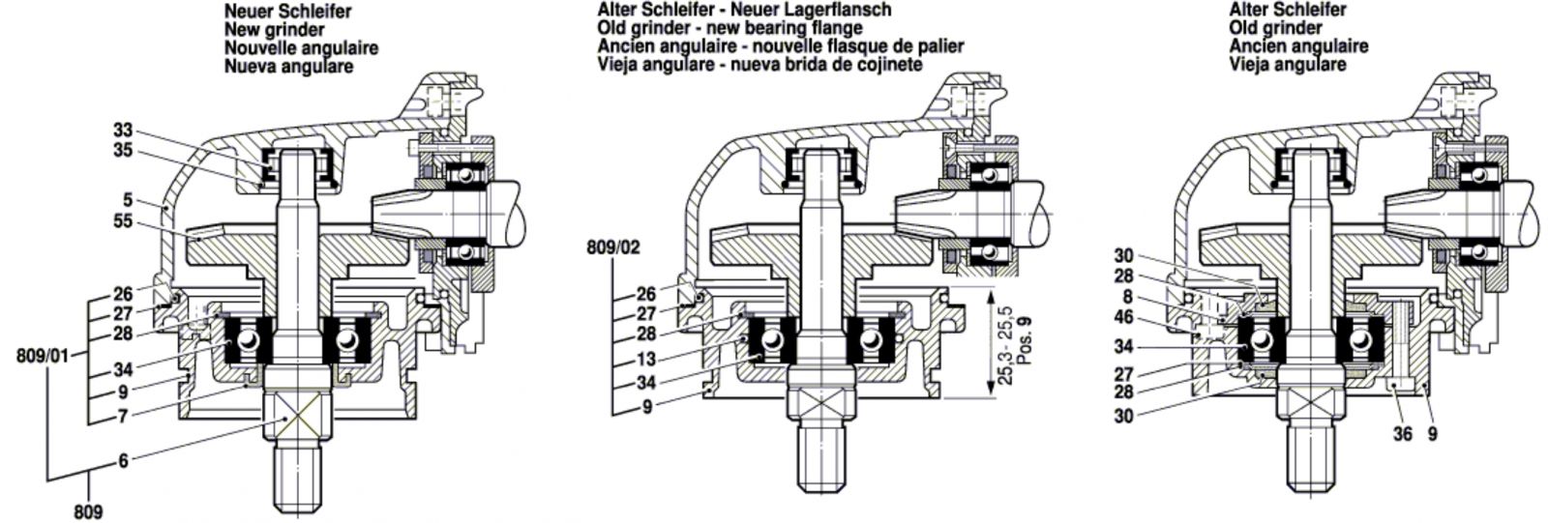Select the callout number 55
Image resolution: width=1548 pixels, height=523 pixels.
[122, 221]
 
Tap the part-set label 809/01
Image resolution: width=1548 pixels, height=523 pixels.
[44, 356]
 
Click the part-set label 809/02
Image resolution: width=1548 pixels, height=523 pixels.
[613, 247]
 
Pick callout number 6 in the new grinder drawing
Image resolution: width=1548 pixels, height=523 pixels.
[123, 461]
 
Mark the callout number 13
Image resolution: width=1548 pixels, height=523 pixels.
[644, 361]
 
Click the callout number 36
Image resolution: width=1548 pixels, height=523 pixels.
[1403, 434]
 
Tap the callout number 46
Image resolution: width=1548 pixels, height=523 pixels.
[1122, 316]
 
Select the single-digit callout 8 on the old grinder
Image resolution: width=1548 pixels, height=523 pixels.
[1127, 297]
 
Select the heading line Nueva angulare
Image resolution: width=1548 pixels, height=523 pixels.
[288, 67]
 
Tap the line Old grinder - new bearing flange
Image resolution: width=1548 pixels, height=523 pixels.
[729, 28]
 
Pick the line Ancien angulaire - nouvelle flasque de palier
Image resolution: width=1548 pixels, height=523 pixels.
[780, 46]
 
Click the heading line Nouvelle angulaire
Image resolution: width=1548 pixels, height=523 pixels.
[301, 48]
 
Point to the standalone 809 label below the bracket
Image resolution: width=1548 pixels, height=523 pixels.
[88, 511]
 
